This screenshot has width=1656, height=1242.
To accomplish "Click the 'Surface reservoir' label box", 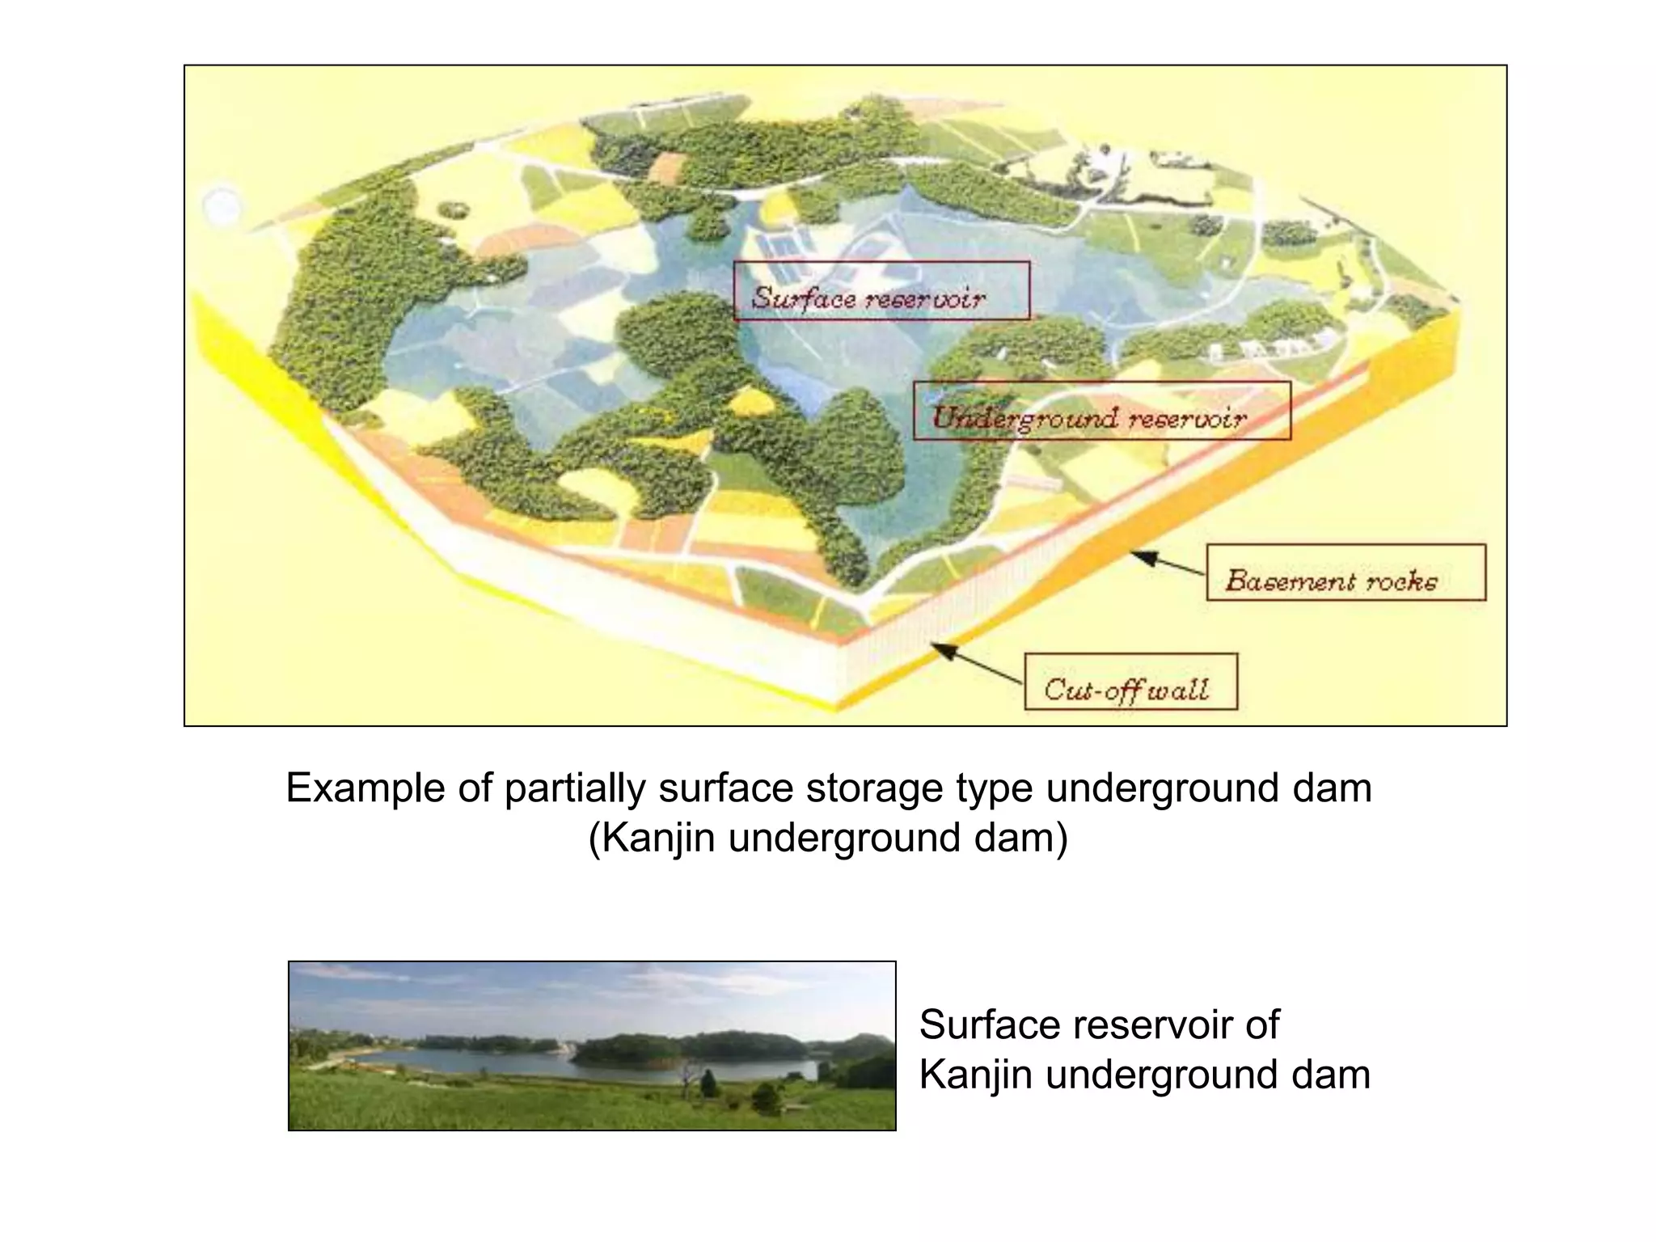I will (x=881, y=290).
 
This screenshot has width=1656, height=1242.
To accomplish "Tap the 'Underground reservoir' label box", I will (x=1101, y=411).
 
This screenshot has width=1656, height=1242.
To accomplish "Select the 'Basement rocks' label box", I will (x=1345, y=572).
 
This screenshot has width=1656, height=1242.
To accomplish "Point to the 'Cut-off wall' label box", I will (x=1130, y=682).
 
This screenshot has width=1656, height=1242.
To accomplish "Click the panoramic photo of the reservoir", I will (x=592, y=1046).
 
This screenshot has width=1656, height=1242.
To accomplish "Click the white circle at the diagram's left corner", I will (x=222, y=205).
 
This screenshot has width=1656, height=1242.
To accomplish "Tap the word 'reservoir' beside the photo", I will (x=1151, y=1025).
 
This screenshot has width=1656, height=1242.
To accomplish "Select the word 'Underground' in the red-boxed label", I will (x=1025, y=418).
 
